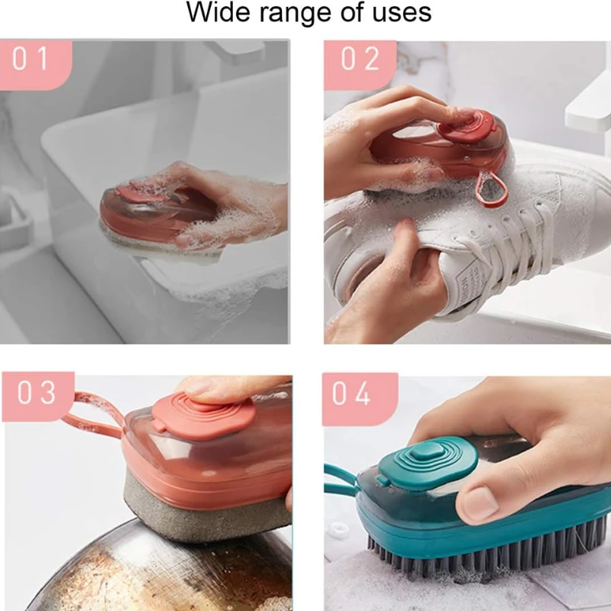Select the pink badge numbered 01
click(34, 59)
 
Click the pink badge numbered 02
click(360, 60)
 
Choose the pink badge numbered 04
click(360, 393)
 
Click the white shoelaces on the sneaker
click(527, 229)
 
